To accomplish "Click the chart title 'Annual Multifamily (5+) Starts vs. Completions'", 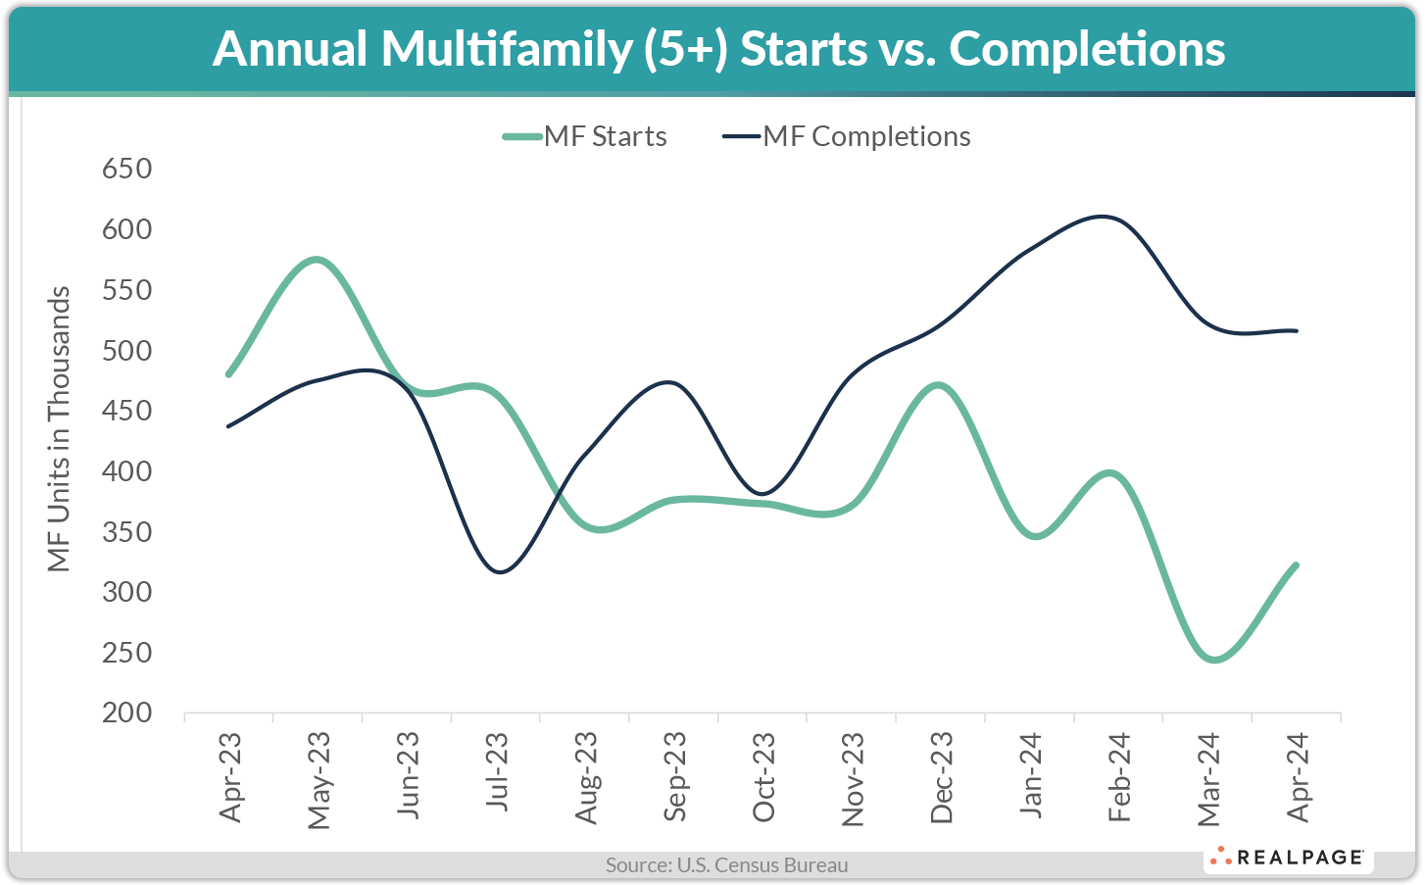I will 718,49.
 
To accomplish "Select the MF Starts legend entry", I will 585,136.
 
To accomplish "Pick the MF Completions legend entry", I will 847,136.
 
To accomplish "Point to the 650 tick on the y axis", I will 127,169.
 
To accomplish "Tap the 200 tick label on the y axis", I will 127,713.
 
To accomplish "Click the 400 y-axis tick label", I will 127,471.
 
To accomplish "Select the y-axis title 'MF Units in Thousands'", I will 60,428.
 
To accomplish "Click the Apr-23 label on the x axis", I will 230,777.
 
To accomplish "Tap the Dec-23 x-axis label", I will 941,777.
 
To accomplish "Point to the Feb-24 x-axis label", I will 1119,777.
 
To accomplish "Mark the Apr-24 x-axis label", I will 1298,777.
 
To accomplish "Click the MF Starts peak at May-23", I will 317,260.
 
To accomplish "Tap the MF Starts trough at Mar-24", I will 1214,660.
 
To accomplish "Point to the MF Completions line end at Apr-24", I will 1296,330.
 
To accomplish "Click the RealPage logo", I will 1287,858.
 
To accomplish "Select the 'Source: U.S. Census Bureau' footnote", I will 726,865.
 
